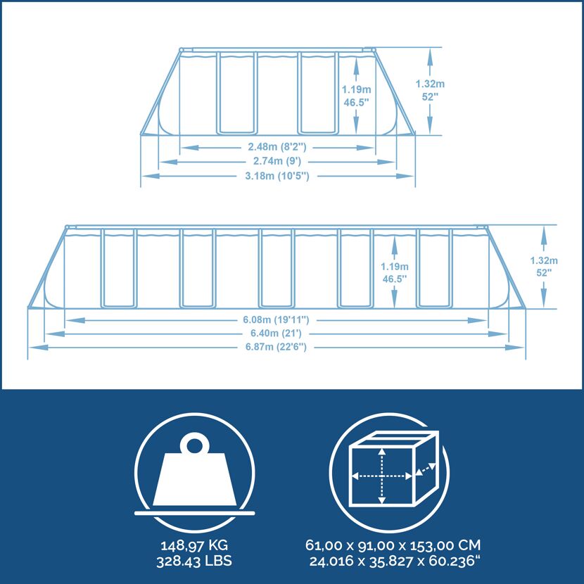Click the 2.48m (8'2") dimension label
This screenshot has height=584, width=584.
pyautogui.click(x=277, y=147)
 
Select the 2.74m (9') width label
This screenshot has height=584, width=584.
pyautogui.click(x=277, y=161)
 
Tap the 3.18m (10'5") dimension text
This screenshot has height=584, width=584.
pyautogui.click(x=277, y=175)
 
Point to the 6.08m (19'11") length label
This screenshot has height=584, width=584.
pyautogui.click(x=276, y=319)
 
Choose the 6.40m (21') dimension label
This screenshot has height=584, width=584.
pyautogui.click(x=276, y=333)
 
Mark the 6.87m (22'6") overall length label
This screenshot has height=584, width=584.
pyautogui.click(x=276, y=347)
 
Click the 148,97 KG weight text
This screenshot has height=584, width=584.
pyautogui.click(x=194, y=545)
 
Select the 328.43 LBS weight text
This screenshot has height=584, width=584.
pyautogui.click(x=194, y=561)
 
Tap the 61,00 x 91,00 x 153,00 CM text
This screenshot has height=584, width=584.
pyautogui.click(x=393, y=545)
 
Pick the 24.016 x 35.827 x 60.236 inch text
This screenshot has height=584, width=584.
pyautogui.click(x=395, y=561)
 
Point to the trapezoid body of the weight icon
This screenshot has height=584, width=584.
pyautogui.click(x=194, y=478)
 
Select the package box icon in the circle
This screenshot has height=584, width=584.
pyautogui.click(x=394, y=469)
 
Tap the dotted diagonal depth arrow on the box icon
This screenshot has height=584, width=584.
pyautogui.click(x=426, y=469)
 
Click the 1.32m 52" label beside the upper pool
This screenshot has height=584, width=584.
pyautogui.click(x=430, y=91)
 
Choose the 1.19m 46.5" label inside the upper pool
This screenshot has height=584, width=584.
pyautogui.click(x=357, y=96)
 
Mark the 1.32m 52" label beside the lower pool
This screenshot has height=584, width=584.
pyautogui.click(x=544, y=267)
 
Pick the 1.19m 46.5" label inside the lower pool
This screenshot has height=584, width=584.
pyautogui.click(x=394, y=272)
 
